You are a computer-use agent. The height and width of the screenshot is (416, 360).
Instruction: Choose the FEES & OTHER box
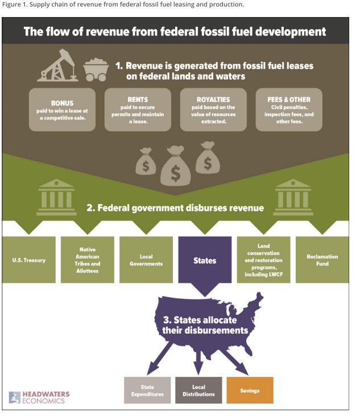tap(289, 108)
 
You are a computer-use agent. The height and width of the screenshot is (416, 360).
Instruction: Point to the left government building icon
tap(57, 197)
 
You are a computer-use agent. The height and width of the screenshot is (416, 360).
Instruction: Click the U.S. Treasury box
tap(29, 260)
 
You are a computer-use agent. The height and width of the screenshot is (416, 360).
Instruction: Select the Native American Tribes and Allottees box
tap(88, 260)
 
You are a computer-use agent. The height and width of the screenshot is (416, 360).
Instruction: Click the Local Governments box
tap(146, 260)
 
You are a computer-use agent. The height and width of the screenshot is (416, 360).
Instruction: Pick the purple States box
tap(205, 260)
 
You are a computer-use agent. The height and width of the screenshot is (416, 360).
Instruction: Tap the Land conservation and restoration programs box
tap(263, 260)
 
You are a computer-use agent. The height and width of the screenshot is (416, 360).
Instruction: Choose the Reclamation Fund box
tap(322, 260)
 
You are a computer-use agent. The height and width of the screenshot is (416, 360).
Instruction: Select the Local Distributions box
tap(198, 390)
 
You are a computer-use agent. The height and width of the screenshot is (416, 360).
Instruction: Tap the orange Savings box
tap(250, 390)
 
